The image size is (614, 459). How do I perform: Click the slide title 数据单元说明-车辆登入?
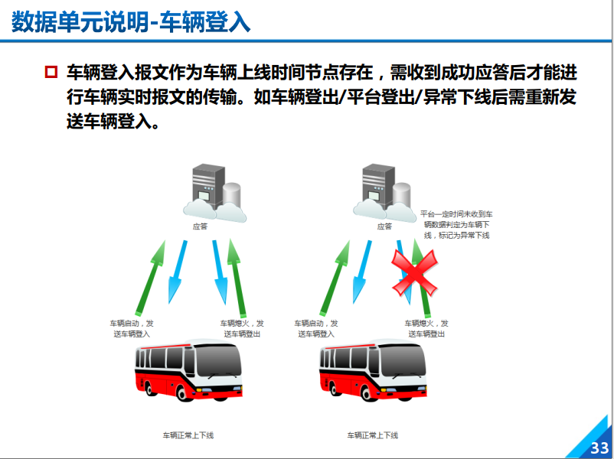[131, 22]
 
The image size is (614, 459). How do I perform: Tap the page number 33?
[599, 448]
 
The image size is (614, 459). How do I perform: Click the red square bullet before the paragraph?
[51, 72]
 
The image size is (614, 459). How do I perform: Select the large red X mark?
[415, 273]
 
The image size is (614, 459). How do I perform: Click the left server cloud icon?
[214, 194]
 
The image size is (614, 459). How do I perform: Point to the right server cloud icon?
[384, 194]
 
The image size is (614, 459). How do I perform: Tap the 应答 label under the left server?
[200, 226]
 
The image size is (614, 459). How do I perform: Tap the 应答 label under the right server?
[384, 226]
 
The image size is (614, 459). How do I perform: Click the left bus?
[188, 370]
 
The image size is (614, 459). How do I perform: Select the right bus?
[373, 370]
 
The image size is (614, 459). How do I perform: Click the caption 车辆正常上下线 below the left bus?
[188, 435]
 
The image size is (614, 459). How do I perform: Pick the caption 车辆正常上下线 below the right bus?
[373, 435]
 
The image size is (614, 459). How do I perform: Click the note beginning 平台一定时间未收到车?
[456, 225]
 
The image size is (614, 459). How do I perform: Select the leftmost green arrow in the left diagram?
[150, 278]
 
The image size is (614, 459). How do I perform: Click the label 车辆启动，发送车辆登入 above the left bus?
[132, 328]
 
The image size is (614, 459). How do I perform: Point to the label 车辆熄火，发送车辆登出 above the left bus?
[242, 328]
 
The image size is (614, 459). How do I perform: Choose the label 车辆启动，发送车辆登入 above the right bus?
[316, 328]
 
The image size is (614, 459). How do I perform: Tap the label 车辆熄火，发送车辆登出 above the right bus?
[426, 328]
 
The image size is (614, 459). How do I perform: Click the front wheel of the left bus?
[184, 392]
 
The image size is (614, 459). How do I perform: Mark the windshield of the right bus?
[403, 360]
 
